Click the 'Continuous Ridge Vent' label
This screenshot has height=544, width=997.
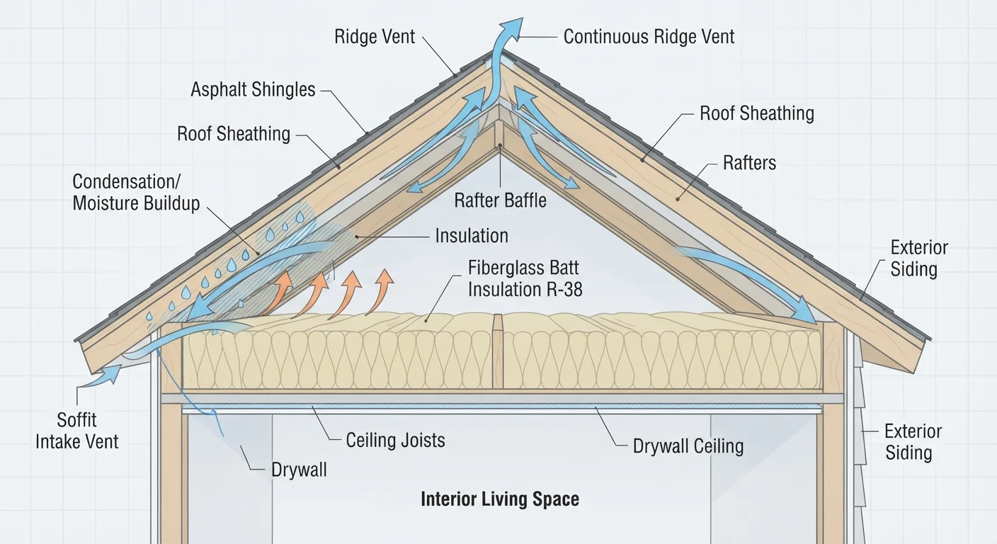pyautogui.click(x=649, y=37)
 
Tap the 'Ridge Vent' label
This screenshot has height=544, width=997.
pyautogui.click(x=375, y=37)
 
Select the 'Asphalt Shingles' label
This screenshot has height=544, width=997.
pyautogui.click(x=253, y=89)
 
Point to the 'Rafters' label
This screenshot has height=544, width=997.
pyautogui.click(x=749, y=163)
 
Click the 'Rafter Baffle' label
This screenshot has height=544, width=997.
pyautogui.click(x=500, y=200)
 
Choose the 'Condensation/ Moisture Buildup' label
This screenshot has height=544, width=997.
pyautogui.click(x=136, y=193)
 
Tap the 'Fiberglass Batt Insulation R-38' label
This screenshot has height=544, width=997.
pyautogui.click(x=525, y=278)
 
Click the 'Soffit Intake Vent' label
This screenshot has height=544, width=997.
pyautogui.click(x=76, y=431)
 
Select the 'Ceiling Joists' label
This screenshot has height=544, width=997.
pyautogui.click(x=395, y=441)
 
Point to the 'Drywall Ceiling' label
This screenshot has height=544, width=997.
pyautogui.click(x=688, y=446)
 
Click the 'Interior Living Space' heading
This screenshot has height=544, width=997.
pyautogui.click(x=500, y=499)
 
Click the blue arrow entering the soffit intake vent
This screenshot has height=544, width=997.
pyautogui.click(x=103, y=376)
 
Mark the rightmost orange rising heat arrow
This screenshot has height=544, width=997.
pyautogui.click(x=380, y=292)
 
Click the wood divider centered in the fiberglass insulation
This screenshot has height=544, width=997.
pyautogui.click(x=498, y=351)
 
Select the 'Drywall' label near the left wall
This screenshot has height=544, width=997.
pyautogui.click(x=299, y=470)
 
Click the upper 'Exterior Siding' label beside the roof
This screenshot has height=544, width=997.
pyautogui.click(x=918, y=259)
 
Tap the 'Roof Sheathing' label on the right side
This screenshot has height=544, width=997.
pyautogui.click(x=757, y=113)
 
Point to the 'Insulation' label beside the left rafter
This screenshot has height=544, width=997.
pyautogui.click(x=472, y=236)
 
